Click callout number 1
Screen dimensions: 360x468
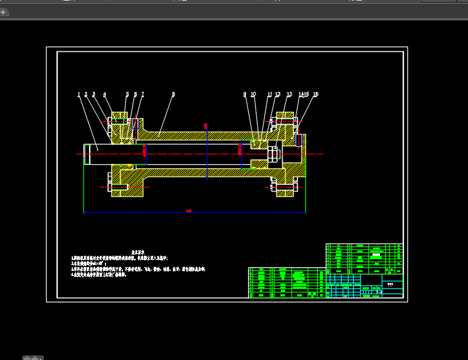[79, 94]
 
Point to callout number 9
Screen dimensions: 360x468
[245, 94]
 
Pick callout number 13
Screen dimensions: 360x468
[289, 94]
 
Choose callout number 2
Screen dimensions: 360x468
[86, 94]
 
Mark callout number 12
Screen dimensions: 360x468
[277, 94]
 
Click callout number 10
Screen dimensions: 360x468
[253, 94]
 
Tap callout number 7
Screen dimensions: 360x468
[142, 94]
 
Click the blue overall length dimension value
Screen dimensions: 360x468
[188, 211]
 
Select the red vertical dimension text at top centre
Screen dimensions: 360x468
[205, 125]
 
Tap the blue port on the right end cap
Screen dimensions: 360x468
[298, 140]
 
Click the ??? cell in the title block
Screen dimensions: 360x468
[390, 285]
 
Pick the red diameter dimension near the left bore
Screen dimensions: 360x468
[144, 150]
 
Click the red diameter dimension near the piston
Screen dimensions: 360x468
[240, 150]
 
